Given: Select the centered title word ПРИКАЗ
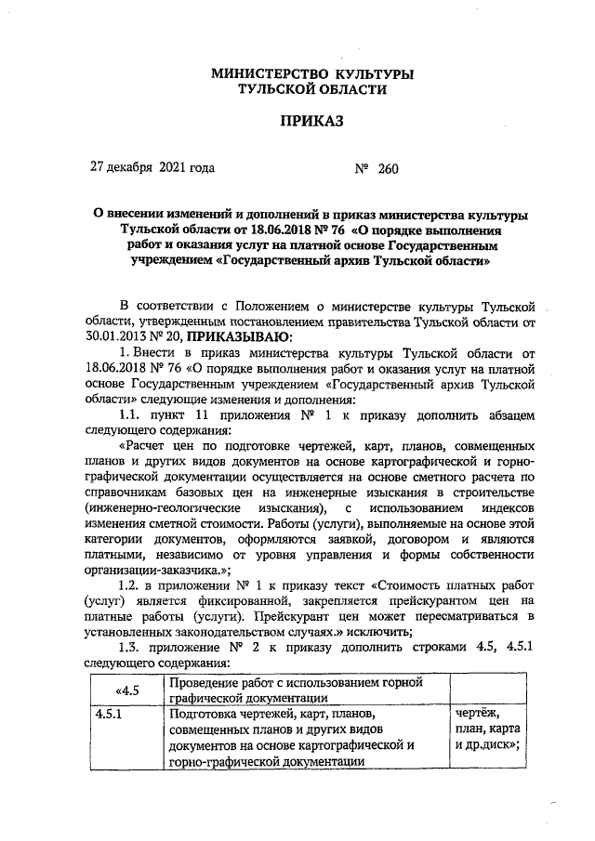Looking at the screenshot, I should pyautogui.click(x=312, y=122).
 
